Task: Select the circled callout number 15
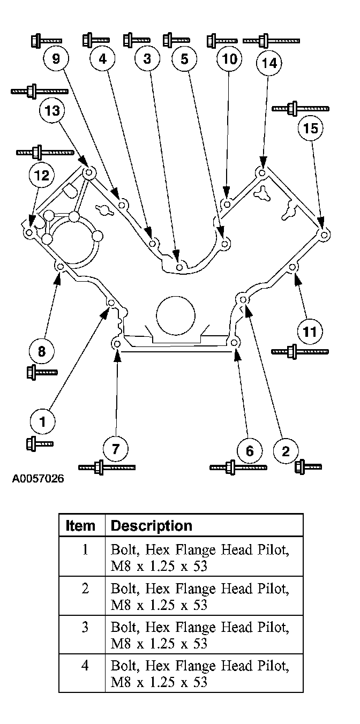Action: point(311,129)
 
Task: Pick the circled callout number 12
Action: point(41,175)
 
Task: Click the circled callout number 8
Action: point(41,351)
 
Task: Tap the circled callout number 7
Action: point(116,447)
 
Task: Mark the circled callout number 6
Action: point(249,451)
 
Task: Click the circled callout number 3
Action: point(148,59)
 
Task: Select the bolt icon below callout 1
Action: point(39,443)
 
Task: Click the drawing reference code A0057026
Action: point(37,478)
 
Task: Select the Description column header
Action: point(151,525)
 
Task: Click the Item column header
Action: point(80,525)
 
